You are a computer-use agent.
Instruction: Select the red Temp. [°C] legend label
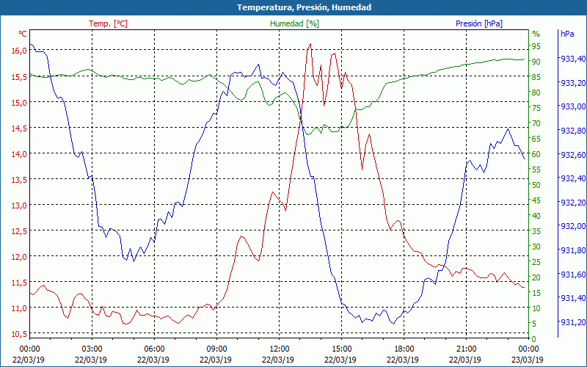click(x=108, y=23)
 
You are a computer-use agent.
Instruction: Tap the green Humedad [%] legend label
click(x=295, y=23)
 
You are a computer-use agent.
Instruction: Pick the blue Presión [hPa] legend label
click(x=479, y=23)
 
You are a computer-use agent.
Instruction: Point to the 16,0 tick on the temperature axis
click(x=19, y=51)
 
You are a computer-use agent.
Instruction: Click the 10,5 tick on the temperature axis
click(x=19, y=334)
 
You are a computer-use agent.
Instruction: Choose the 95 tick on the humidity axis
click(x=536, y=46)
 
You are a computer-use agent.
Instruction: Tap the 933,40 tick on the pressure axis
click(x=573, y=59)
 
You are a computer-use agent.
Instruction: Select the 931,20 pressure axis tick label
click(x=573, y=322)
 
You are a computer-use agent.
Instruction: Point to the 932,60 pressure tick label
click(x=573, y=155)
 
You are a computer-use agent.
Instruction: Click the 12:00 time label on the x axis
click(x=279, y=349)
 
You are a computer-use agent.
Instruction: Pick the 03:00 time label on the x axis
click(x=92, y=349)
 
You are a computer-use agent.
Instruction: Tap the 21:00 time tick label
click(x=466, y=349)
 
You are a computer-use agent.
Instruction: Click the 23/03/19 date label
click(x=528, y=360)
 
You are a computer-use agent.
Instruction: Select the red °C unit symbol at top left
click(x=22, y=34)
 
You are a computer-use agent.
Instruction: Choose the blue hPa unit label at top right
click(x=567, y=34)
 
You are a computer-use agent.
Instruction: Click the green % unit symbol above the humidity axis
click(x=536, y=34)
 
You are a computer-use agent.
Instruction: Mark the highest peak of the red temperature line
click(x=310, y=44)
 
